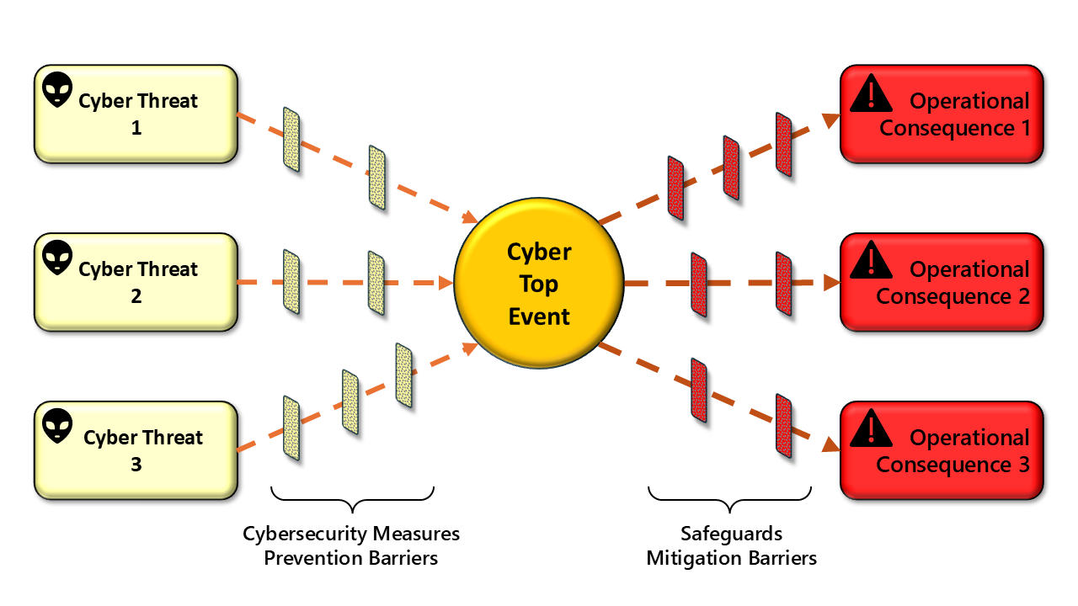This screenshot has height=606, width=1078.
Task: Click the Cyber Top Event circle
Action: coord(539,284)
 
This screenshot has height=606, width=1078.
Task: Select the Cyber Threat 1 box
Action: coord(136,114)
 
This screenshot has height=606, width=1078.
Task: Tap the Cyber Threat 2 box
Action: coord(136,282)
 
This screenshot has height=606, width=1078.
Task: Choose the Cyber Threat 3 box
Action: coord(136,450)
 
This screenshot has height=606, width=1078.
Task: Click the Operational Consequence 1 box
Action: coord(942,114)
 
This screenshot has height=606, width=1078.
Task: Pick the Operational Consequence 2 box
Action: coord(942,282)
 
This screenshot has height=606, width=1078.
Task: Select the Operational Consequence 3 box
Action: coord(942,450)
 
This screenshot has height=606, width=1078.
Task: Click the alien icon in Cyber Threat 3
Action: coord(57,427)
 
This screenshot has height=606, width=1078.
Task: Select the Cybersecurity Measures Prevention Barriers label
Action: coord(351,545)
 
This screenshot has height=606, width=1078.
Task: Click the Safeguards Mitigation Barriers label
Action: coord(731,545)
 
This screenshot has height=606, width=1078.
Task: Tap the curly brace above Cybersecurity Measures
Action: coord(352,498)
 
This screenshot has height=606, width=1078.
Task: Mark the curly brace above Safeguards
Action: coord(730,498)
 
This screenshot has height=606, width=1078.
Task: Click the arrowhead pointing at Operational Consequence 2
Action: coord(830,284)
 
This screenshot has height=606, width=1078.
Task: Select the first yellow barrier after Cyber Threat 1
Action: coord(291,139)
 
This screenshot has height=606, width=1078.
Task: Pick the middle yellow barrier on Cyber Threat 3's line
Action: coord(350,401)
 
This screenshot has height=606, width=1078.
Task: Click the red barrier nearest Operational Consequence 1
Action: coord(784,145)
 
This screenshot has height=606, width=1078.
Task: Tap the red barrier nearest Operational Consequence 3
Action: coord(784,425)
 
